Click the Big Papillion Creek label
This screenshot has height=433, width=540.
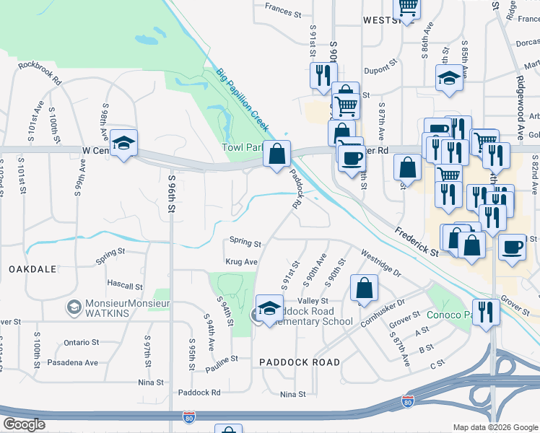[x=243, y=100]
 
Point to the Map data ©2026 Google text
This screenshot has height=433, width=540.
[x=495, y=427]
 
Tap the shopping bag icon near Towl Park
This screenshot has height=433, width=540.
[x=276, y=154]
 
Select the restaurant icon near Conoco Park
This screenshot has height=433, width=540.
[x=486, y=312]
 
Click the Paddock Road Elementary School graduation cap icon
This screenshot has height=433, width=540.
[x=269, y=308]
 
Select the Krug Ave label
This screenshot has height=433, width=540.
[x=241, y=262]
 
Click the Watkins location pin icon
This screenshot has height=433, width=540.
[x=73, y=308]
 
